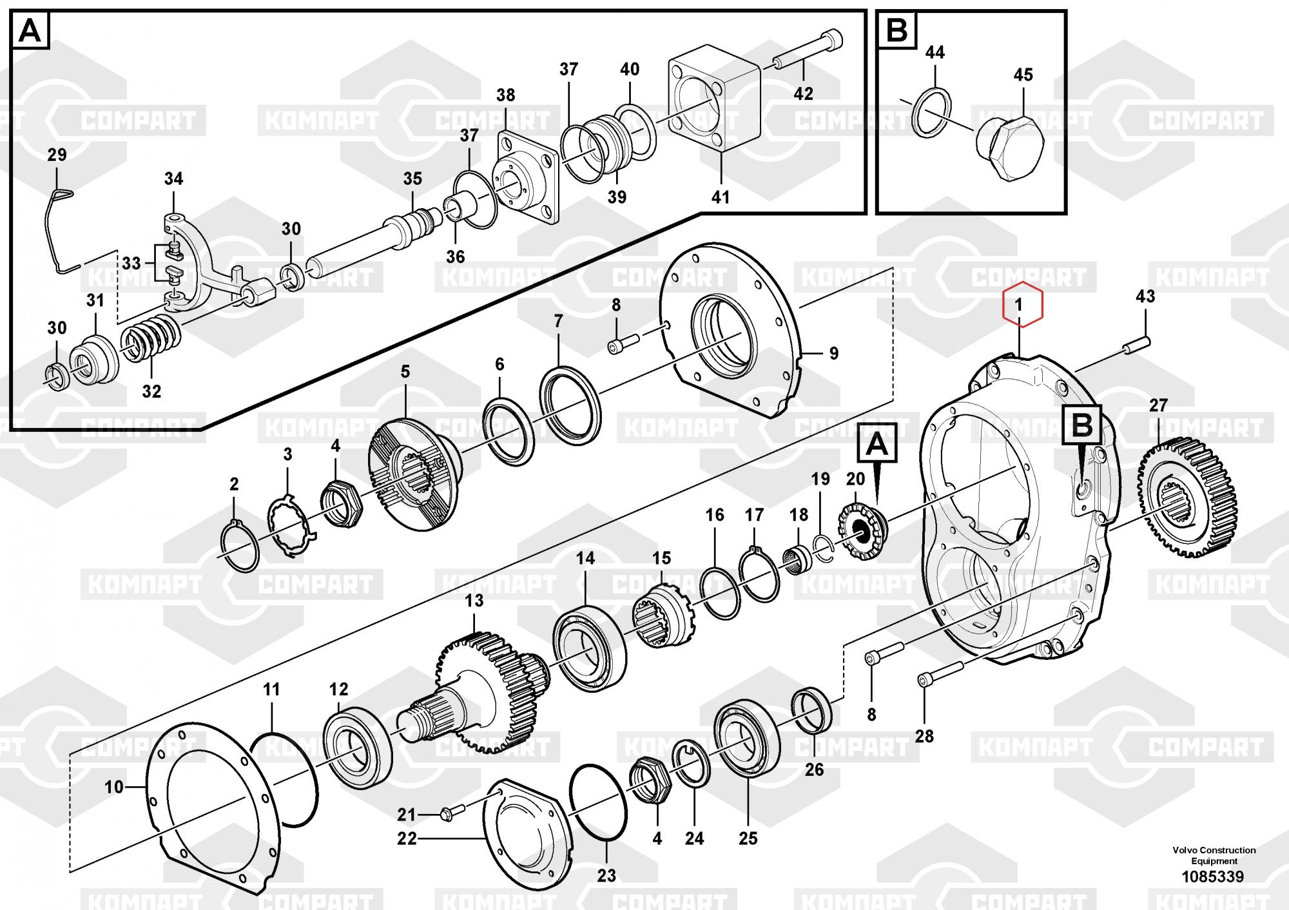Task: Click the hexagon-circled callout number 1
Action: click(1019, 305)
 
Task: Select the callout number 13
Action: click(474, 601)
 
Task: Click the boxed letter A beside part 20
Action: click(876, 445)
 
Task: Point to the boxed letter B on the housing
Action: click(1082, 424)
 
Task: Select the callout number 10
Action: click(113, 787)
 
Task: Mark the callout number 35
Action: click(412, 179)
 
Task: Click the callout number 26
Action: click(814, 769)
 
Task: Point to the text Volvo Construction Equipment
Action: click(1214, 855)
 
